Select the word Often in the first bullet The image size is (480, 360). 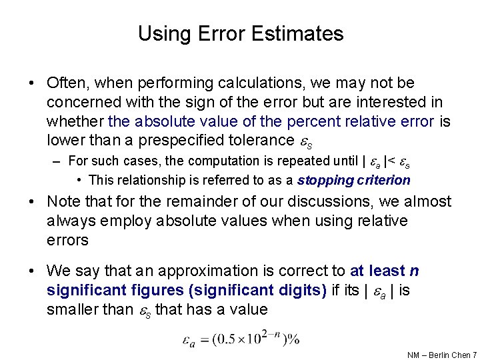tap(66, 83)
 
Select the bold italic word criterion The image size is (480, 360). tap(382, 180)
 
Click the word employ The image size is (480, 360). tap(110, 221)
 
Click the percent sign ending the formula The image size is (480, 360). tap(294, 339)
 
